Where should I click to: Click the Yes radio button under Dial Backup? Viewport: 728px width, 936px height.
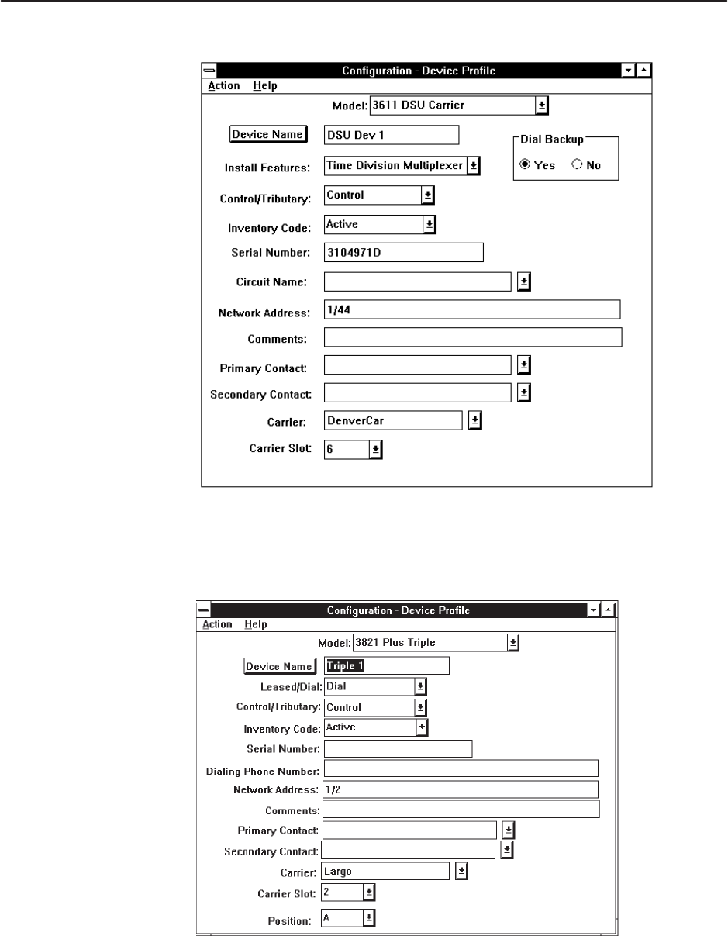click(525, 165)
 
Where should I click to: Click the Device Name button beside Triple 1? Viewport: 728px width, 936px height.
click(279, 666)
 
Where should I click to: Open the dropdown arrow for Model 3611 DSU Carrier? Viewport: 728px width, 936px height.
click(543, 104)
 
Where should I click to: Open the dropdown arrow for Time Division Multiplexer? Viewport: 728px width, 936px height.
click(474, 164)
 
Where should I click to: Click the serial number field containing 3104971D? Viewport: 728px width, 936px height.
click(403, 252)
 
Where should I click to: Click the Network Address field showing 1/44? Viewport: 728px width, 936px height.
click(472, 309)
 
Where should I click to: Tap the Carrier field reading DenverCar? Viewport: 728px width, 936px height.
click(393, 420)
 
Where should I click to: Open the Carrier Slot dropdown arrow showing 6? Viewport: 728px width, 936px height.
click(375, 449)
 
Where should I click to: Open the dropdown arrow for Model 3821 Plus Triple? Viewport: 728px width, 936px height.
click(512, 642)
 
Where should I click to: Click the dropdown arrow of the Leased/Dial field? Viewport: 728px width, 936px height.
click(420, 686)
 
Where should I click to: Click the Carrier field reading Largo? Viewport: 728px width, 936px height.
click(385, 872)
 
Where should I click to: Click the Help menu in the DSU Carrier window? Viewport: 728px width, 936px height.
click(265, 85)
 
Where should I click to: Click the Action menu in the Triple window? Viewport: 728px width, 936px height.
click(217, 623)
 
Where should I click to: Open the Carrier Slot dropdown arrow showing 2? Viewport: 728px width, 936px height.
click(369, 893)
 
